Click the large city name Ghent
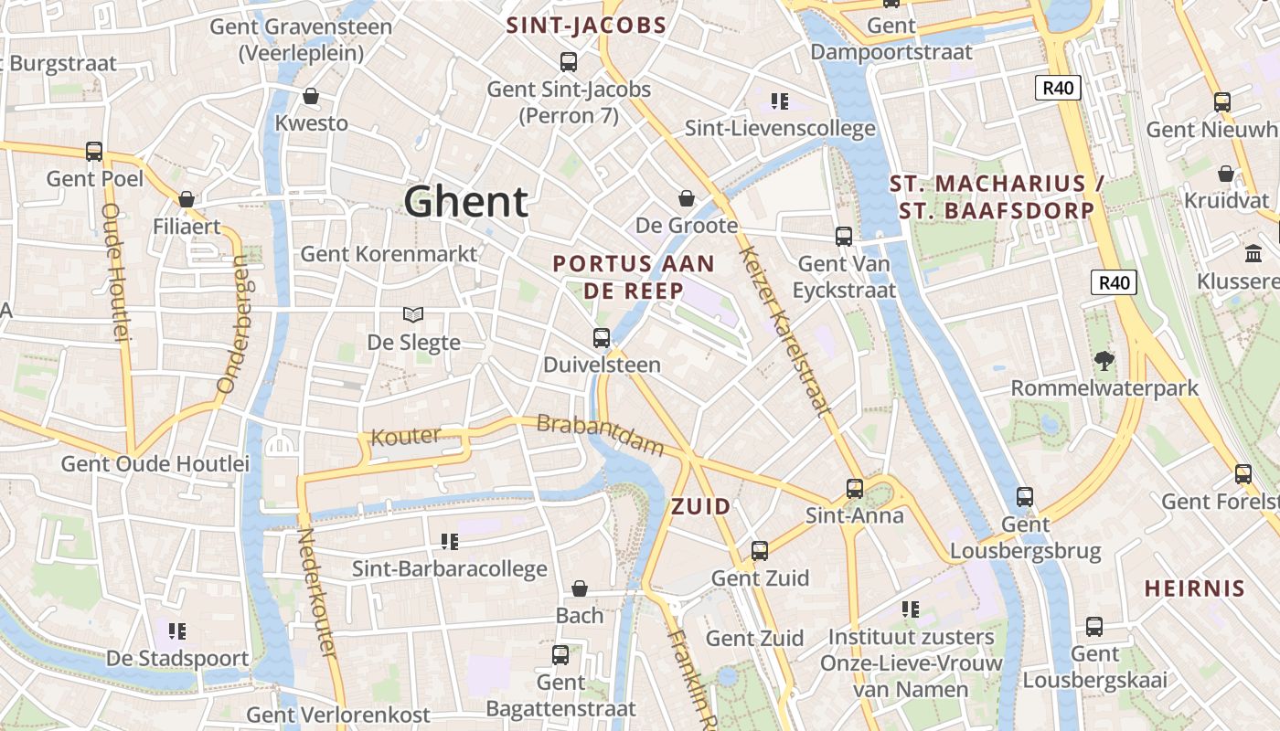tap(466, 201)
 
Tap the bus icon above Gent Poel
tap(93, 151)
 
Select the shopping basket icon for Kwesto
tap(311, 96)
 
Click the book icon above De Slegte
tap(413, 314)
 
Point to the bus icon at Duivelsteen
tap(601, 337)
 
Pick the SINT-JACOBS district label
tap(586, 26)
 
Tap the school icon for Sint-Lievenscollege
tap(779, 101)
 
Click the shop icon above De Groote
tap(686, 198)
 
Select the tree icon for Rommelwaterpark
tap(1104, 361)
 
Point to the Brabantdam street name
tap(600, 435)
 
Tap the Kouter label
tap(406, 437)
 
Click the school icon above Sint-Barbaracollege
tap(449, 541)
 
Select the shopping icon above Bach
tap(579, 588)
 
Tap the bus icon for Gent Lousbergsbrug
tap(1025, 497)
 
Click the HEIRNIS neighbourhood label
tap(1194, 588)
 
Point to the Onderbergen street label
tap(234, 324)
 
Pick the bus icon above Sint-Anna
tap(854, 488)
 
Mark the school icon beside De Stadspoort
tap(177, 630)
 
